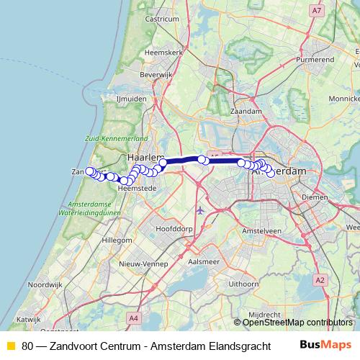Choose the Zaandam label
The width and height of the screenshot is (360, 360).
(246, 112)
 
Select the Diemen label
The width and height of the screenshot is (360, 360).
(315, 196)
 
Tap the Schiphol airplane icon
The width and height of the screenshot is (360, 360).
(199, 210)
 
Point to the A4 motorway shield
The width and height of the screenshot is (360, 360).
(133, 317)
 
